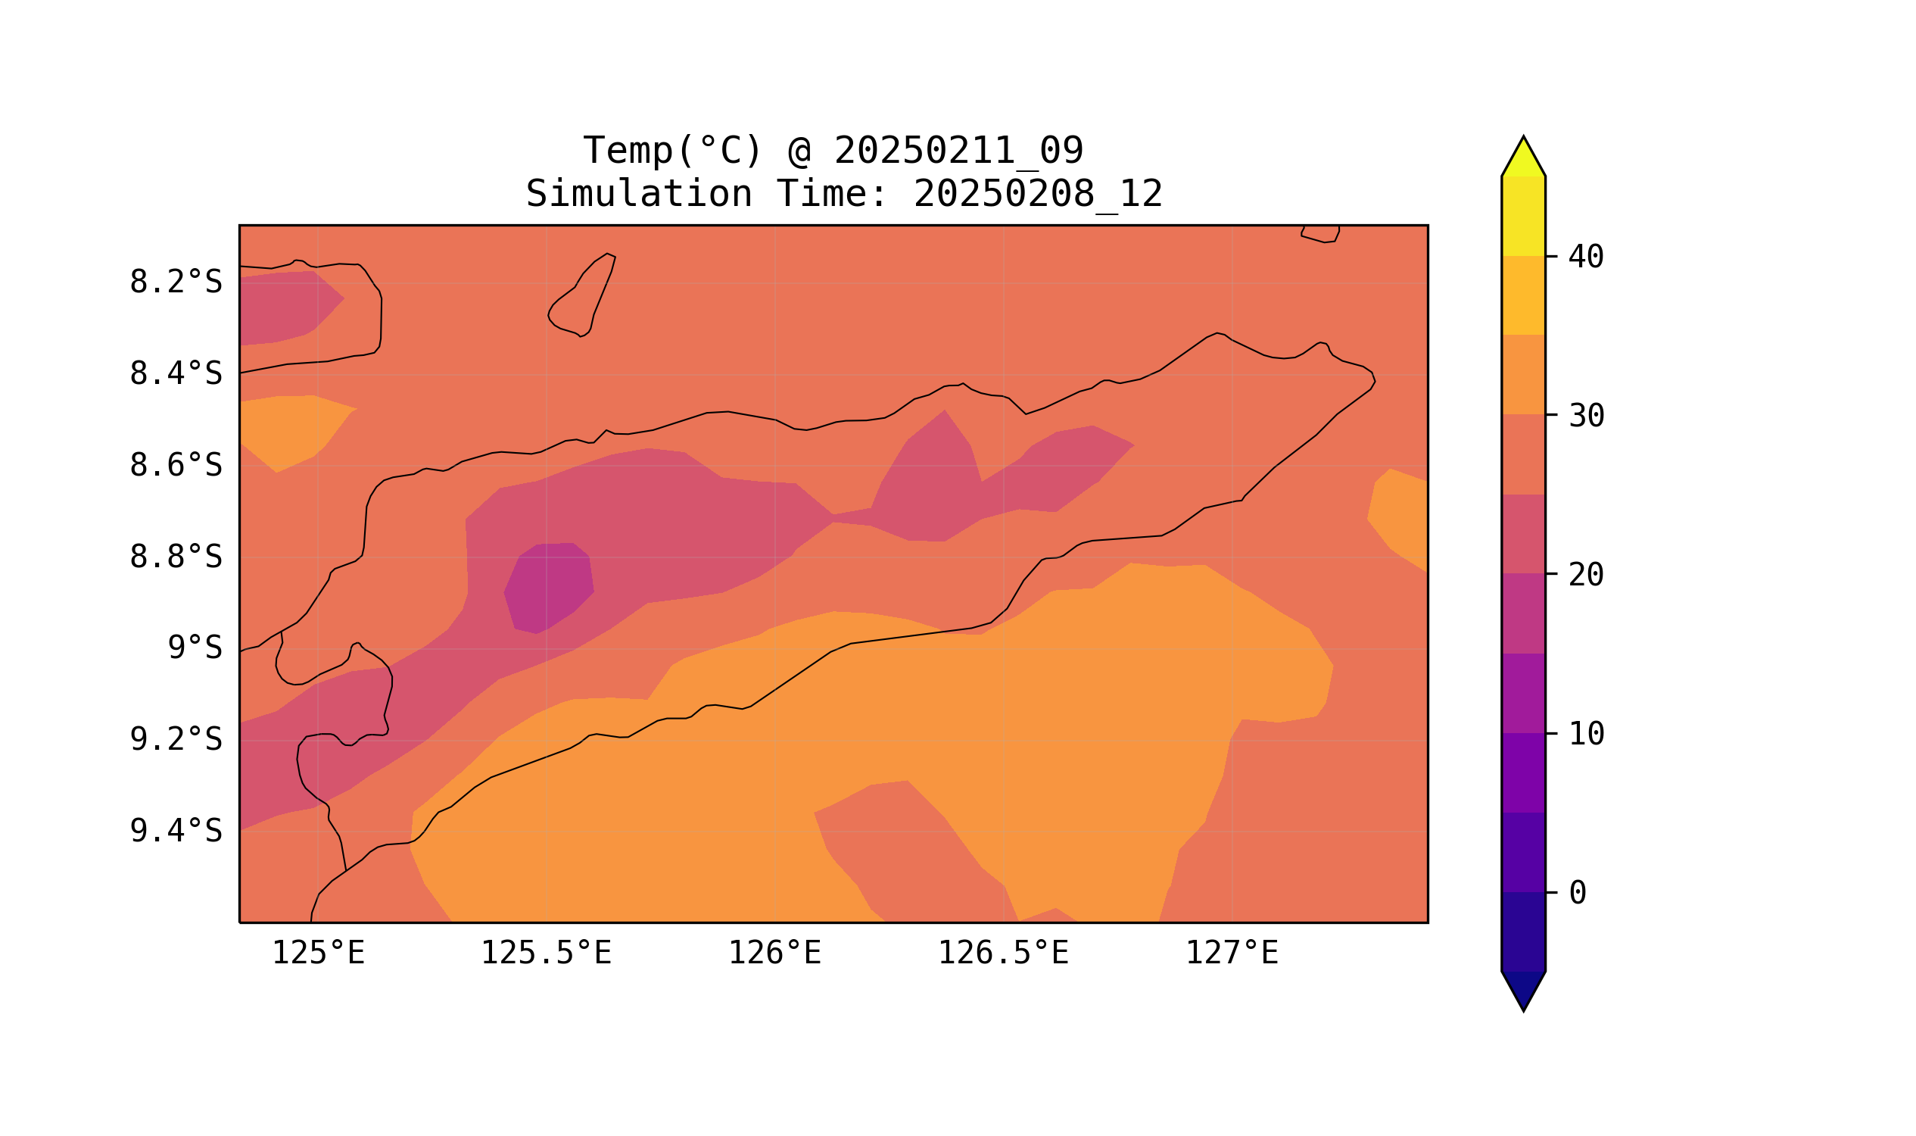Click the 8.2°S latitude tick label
tap(175, 282)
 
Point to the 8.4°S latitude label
tap(175, 374)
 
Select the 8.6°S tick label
tap(175, 466)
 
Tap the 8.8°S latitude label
tap(175, 557)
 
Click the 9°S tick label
tap(195, 648)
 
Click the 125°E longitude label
tap(318, 953)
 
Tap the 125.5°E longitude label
tap(546, 953)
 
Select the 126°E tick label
tap(774, 953)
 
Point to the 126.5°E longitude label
tap(1003, 953)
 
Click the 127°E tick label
tap(1232, 953)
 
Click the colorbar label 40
tap(1586, 257)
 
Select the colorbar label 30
tap(1586, 417)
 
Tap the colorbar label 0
tap(1578, 894)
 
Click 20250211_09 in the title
tap(958, 151)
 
